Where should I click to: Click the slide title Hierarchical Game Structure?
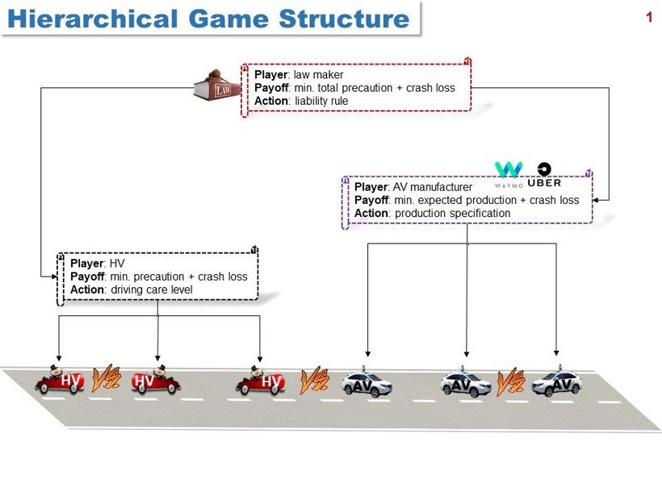click(x=209, y=18)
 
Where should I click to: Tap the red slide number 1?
click(x=648, y=17)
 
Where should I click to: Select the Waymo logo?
click(x=509, y=172)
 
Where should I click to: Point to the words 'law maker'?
click(x=318, y=75)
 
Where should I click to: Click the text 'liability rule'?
click(x=321, y=101)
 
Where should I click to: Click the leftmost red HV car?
click(x=60, y=380)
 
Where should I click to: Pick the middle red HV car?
click(x=156, y=380)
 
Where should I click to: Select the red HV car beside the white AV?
click(x=261, y=381)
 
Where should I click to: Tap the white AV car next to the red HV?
click(x=367, y=383)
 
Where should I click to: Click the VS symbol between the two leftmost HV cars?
click(x=107, y=377)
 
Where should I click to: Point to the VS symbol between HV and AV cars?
click(x=313, y=380)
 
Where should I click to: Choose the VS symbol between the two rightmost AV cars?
click(x=510, y=381)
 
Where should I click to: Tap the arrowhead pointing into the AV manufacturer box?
click(x=597, y=200)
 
